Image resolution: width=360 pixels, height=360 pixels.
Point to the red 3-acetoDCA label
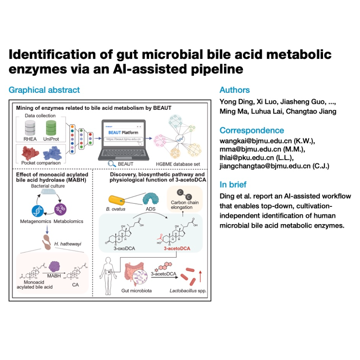(x=177, y=248)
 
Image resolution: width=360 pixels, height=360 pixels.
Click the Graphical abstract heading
(x=44, y=90)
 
